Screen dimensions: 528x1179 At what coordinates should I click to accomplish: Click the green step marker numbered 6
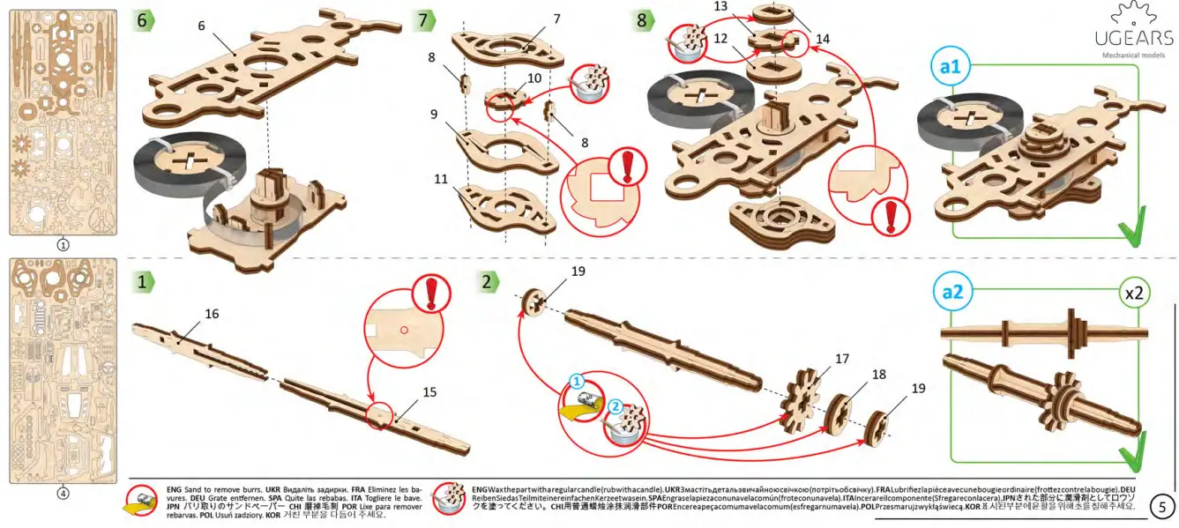[144, 20]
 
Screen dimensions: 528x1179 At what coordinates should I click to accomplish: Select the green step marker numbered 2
[488, 282]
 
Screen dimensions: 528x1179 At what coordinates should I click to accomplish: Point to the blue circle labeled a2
[953, 293]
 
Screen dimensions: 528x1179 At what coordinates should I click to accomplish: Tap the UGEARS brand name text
[1133, 39]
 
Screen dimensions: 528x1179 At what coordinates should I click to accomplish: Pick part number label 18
[879, 375]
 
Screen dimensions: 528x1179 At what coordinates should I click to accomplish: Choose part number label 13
[720, 6]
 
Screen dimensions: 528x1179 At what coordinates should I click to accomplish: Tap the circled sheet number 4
[63, 494]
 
